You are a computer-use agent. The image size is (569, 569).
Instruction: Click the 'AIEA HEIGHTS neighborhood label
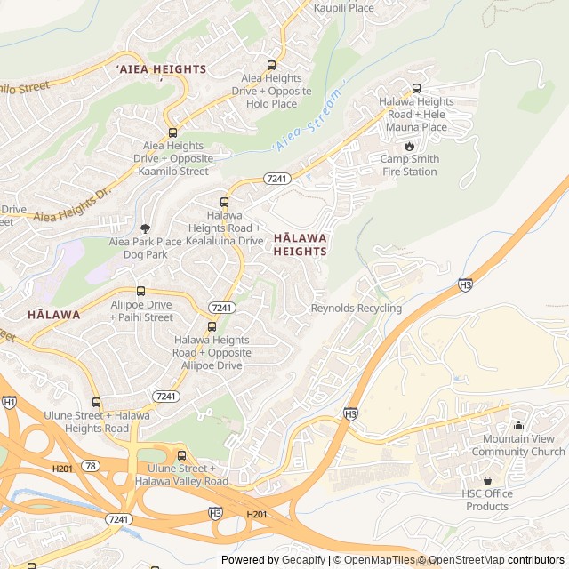(161, 69)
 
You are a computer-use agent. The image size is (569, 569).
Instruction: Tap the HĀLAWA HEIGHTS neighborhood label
(300, 244)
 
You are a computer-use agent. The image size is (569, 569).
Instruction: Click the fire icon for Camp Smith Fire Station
(409, 146)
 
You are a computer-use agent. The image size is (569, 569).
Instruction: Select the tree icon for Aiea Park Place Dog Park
(145, 228)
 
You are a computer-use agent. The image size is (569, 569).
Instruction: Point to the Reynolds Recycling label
(356, 309)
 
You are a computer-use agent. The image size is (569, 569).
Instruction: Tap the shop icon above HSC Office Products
(486, 481)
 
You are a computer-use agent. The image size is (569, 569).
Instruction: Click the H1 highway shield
(9, 402)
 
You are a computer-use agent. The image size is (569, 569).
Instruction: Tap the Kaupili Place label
(343, 8)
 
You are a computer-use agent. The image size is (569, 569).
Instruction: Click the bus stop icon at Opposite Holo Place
(271, 65)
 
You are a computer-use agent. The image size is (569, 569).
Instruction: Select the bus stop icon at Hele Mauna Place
(416, 88)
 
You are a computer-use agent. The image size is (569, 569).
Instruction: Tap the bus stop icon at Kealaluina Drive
(223, 201)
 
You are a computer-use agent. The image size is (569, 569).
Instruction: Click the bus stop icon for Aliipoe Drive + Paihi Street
(140, 291)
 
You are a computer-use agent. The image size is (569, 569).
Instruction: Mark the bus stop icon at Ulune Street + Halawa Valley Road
(181, 455)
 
